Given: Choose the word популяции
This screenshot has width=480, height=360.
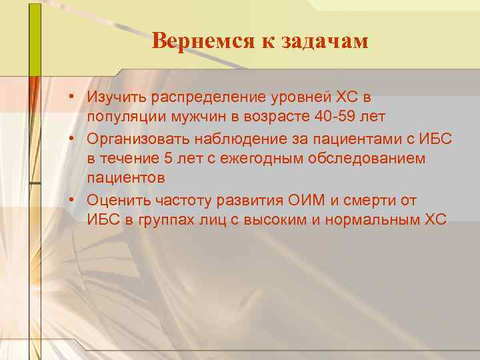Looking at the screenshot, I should point(119,117).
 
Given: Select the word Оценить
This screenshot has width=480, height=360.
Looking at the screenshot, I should point(116,201).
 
